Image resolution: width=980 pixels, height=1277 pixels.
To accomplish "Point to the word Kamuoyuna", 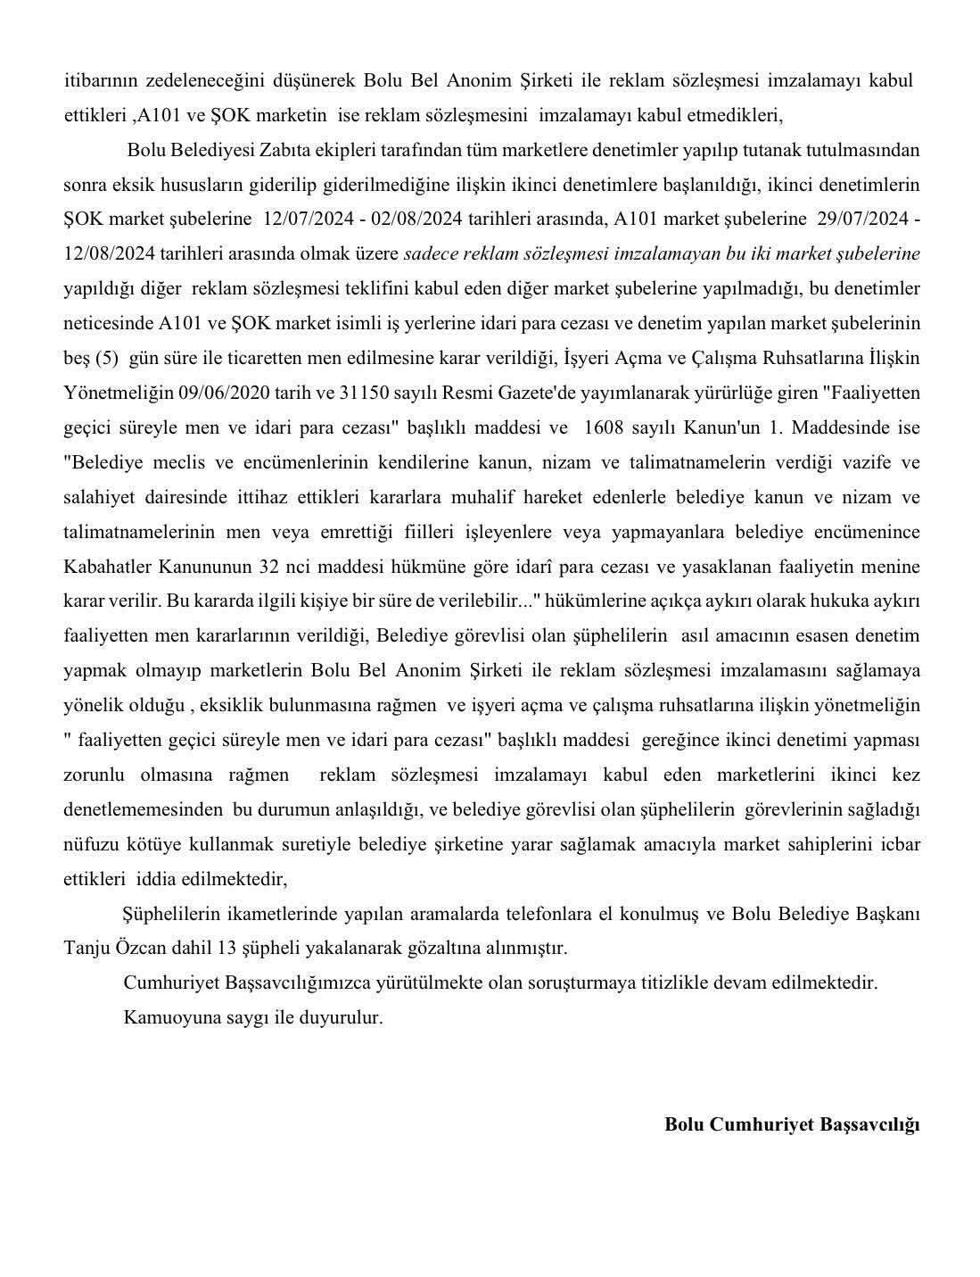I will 166,1017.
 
